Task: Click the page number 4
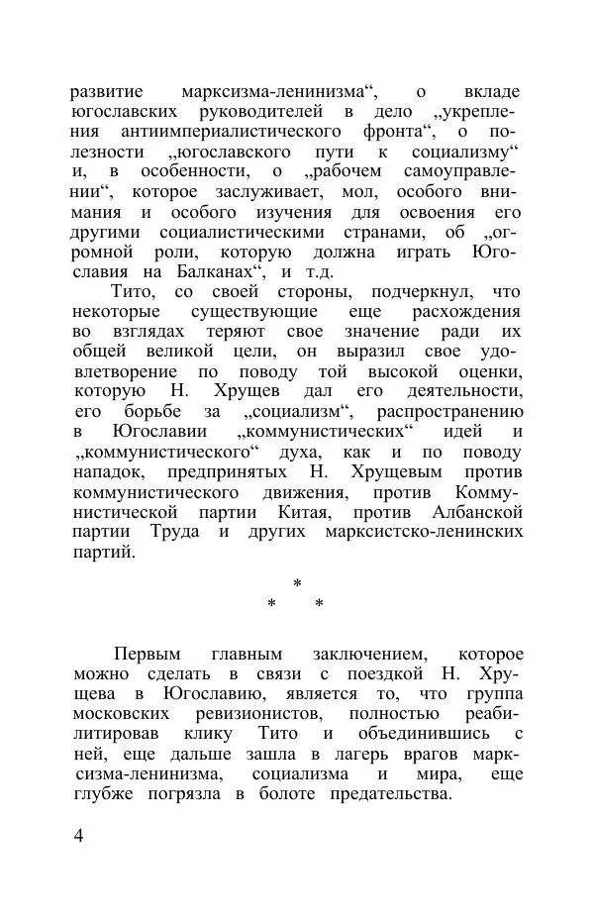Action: pos(79,835)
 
